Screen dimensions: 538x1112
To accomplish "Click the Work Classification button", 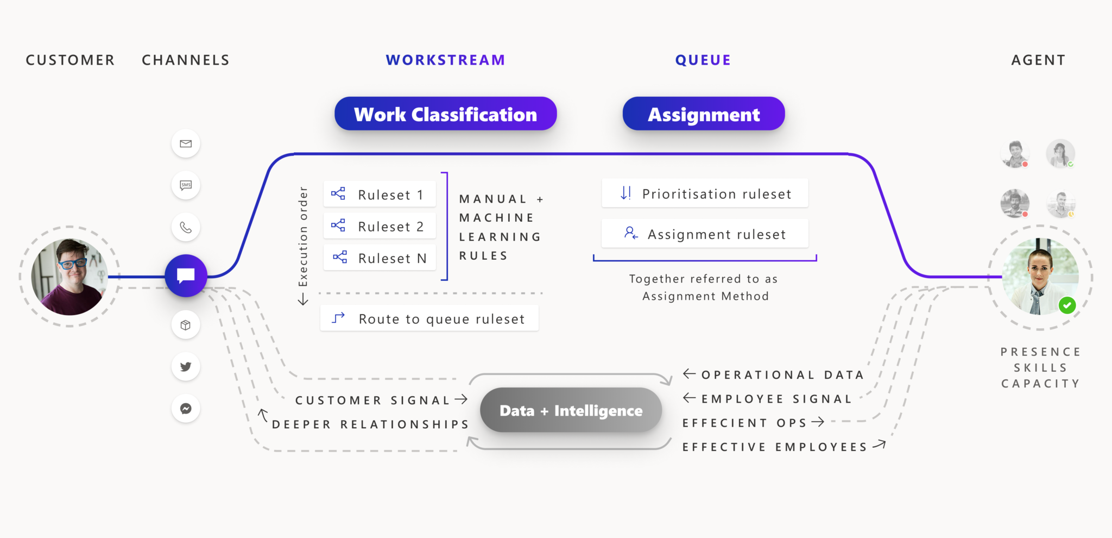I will coord(445,114).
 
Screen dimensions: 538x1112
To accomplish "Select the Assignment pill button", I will coord(703,114).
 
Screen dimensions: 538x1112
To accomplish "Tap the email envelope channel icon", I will coord(186,144).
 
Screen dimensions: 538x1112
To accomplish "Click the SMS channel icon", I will coord(186,185).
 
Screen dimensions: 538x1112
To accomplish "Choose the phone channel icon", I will coord(186,227).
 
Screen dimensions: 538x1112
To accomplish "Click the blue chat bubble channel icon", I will coord(186,276).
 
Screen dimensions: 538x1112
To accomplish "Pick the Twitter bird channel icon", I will coord(186,367).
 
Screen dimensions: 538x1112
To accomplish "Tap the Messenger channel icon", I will coord(186,409).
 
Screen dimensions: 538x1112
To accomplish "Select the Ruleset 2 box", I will coord(380,226).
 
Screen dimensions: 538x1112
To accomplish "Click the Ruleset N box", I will coord(380,258).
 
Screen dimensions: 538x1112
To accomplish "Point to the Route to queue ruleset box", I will coord(429,318).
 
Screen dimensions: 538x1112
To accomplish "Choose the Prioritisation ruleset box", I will coord(705,193).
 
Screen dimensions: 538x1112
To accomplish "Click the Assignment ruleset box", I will coord(705,234).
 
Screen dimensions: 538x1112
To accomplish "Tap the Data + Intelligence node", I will coord(571,410).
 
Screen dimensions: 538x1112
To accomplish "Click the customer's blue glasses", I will coord(73,264).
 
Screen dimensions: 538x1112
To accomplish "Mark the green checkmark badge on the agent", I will coord(1067,305).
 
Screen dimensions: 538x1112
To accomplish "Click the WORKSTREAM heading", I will coord(445,60).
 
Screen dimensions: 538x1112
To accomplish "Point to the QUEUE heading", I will coord(703,60).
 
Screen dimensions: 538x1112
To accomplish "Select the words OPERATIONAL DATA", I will coord(782,375).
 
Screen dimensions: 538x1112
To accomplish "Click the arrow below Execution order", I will coord(303,299).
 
